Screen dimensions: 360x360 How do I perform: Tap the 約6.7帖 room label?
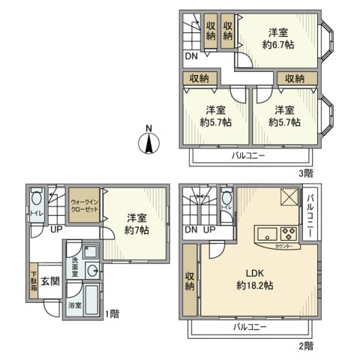coord(278,38)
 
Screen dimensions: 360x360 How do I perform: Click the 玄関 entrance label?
coord(49,281)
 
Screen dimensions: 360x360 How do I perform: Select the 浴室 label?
coord(74,306)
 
